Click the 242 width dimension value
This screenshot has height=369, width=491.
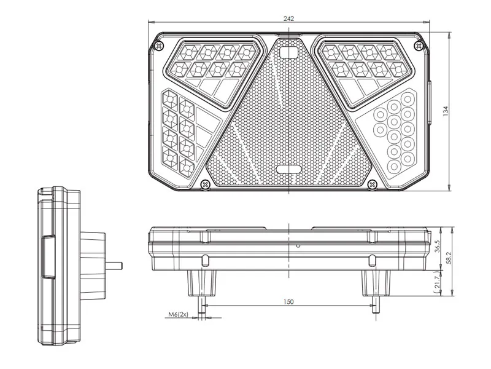[x=288, y=18]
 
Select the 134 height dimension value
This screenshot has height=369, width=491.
[x=446, y=111]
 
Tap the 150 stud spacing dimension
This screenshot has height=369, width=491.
[x=288, y=301]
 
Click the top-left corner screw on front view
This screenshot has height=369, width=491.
[x=160, y=46]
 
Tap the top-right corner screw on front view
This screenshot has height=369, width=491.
[x=420, y=44]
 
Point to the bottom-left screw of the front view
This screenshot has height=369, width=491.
[x=206, y=183]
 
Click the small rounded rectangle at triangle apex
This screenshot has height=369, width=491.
[x=288, y=52]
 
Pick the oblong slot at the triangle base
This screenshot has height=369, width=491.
[x=288, y=169]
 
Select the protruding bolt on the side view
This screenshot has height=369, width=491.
[x=115, y=266]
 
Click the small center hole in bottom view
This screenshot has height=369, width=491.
[x=297, y=246]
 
